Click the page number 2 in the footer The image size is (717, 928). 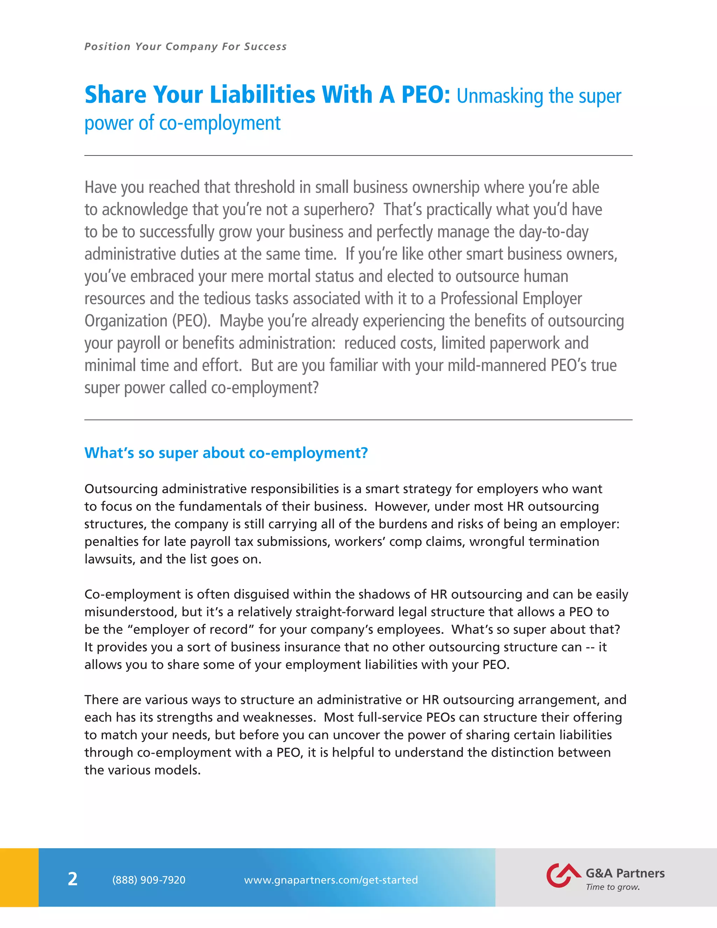72,879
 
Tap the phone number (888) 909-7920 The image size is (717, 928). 149,880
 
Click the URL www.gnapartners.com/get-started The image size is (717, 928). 331,880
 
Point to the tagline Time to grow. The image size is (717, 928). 613,887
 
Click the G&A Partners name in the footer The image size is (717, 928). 625,873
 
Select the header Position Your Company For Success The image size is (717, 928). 186,47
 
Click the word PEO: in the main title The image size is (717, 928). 426,95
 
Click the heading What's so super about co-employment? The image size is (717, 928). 226,453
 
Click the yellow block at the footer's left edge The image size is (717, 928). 19,878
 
